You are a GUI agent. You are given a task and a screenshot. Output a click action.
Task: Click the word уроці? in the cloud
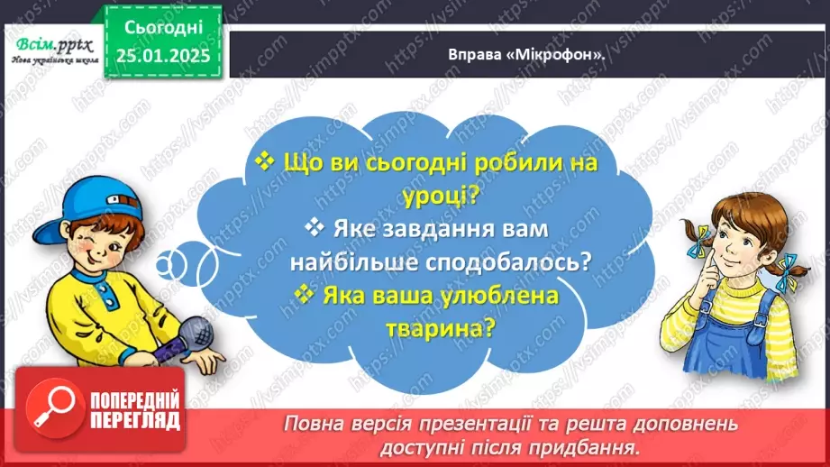[x=412, y=194]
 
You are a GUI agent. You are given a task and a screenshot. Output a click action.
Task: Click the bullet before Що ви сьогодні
[x=265, y=161]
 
